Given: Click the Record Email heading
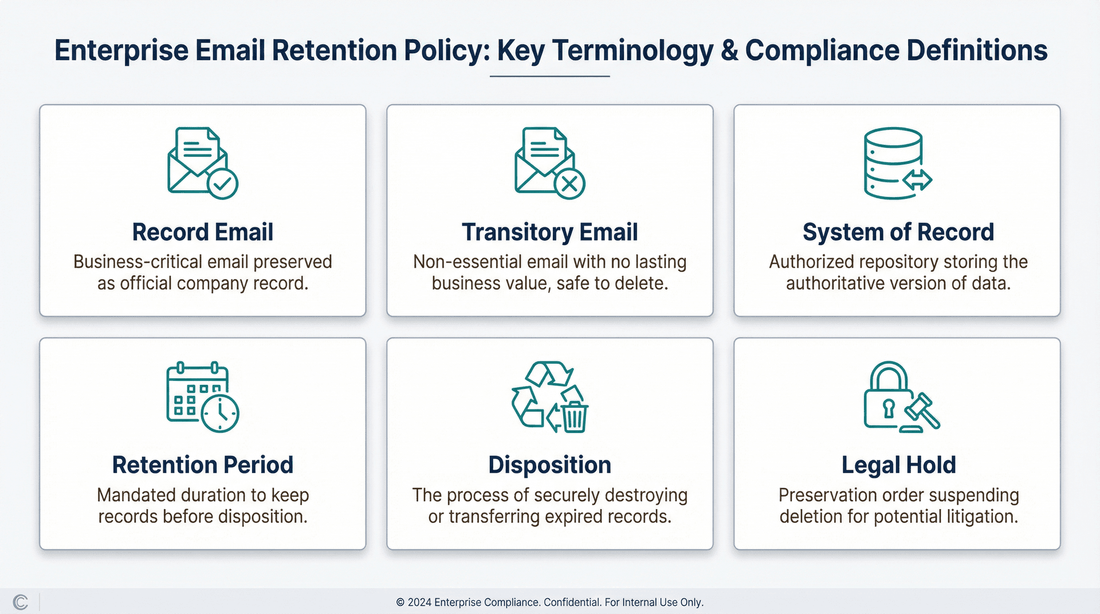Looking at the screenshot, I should click(202, 232).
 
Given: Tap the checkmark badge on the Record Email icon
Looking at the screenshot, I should click(222, 184).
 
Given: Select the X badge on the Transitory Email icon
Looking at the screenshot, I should click(569, 184).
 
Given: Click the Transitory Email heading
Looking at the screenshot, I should click(549, 232).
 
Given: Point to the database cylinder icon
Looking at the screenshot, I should click(893, 163).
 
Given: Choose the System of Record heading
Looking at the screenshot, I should click(898, 232).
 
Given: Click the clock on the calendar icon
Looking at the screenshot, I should click(221, 412).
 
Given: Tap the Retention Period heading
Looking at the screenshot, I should click(202, 465).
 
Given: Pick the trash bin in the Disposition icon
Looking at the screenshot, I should click(574, 417).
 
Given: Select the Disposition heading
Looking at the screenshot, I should click(549, 465).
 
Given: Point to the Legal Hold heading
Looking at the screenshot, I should click(898, 465).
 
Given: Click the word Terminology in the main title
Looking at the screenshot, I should click(634, 50).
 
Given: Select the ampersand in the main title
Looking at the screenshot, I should click(729, 50).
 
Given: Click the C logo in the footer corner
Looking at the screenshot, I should click(20, 602).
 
